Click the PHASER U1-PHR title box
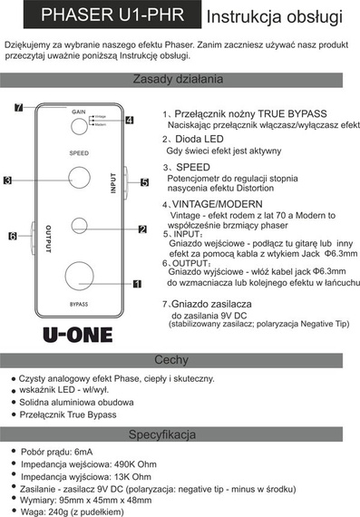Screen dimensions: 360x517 tap(100, 15)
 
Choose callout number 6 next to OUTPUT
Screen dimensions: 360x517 tap(14, 236)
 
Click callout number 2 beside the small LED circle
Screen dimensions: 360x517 tap(142, 229)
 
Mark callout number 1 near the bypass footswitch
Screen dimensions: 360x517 tap(138, 284)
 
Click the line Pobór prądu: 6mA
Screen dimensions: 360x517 tap(57, 451)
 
